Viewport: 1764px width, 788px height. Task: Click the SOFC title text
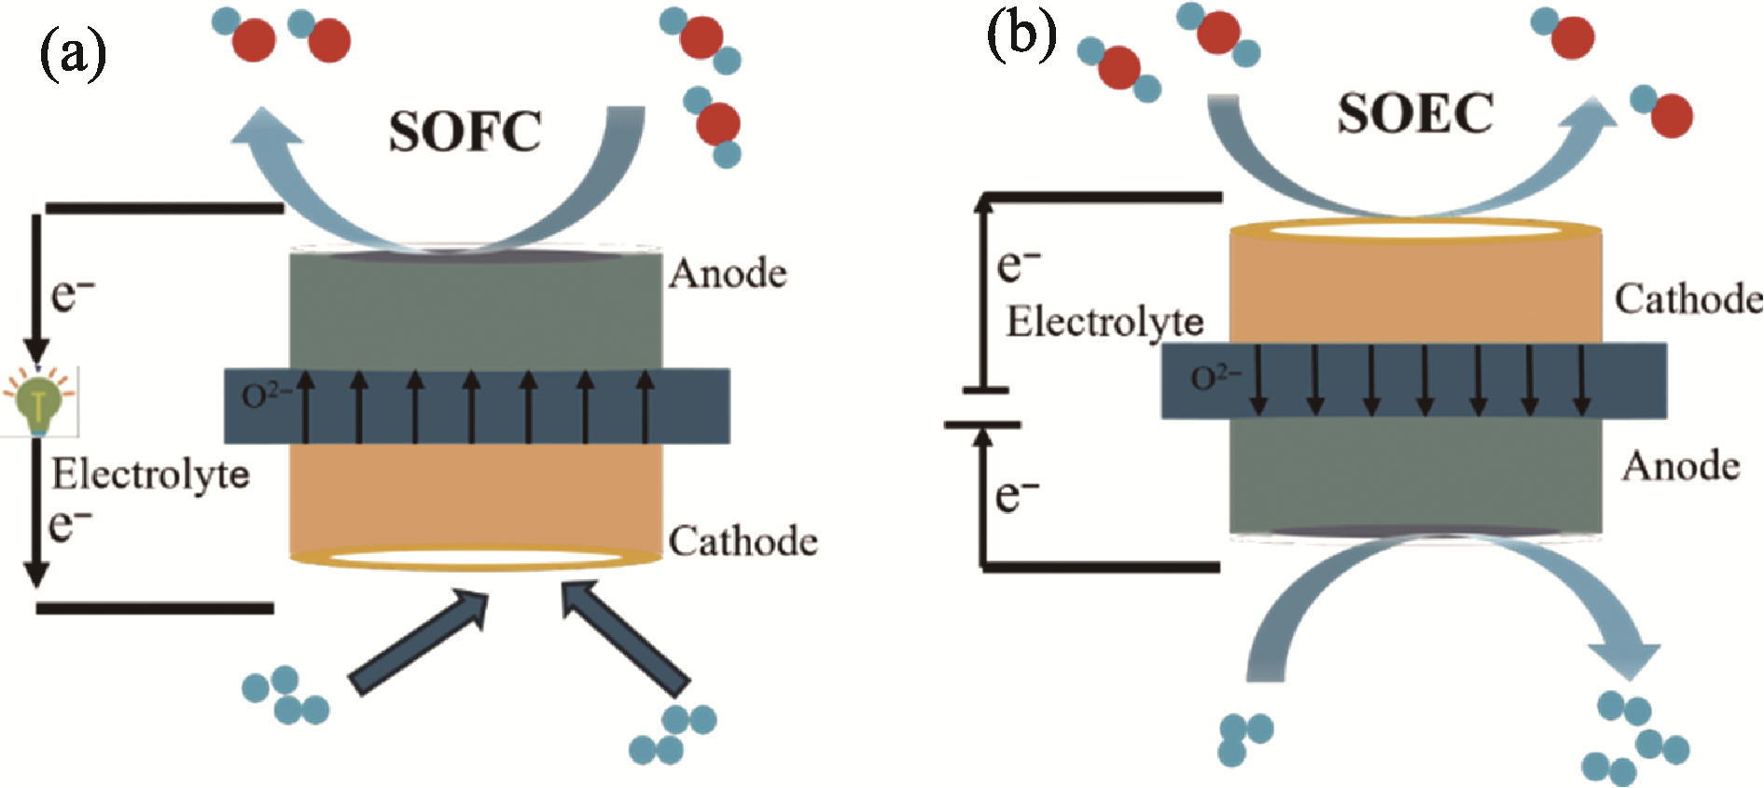point(465,131)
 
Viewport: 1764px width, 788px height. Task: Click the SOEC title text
point(1414,114)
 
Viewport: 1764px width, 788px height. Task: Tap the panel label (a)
point(72,53)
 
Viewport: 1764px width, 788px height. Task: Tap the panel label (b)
point(1021,37)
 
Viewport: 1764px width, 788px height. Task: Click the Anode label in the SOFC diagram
point(728,273)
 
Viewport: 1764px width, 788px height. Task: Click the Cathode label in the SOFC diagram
point(743,541)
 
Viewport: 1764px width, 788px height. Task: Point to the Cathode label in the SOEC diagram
point(1688,298)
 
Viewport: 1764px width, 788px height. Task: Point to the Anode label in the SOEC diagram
point(1680,465)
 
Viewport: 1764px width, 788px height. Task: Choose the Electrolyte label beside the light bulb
point(150,474)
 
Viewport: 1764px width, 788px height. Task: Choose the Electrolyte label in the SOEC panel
point(1104,322)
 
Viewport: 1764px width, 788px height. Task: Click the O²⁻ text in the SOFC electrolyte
point(266,395)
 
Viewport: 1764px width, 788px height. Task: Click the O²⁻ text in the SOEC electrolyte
point(1215,378)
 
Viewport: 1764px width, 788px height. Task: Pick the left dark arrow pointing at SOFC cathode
point(420,643)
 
